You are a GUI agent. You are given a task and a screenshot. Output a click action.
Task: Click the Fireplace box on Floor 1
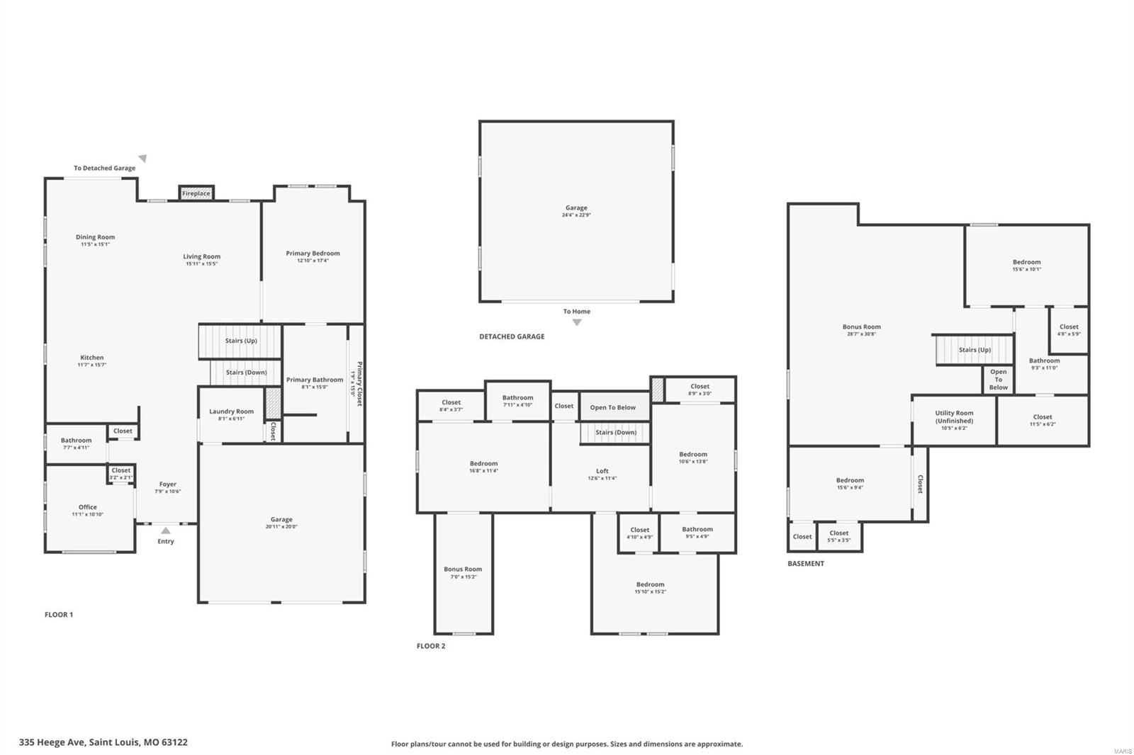196,193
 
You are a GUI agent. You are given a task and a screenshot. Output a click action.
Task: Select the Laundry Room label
231,411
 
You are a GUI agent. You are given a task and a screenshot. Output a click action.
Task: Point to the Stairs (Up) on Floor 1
241,341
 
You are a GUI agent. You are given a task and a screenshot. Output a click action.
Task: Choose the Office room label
88,507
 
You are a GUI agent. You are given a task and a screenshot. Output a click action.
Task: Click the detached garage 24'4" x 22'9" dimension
576,215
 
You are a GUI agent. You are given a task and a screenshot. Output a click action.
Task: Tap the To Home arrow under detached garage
577,322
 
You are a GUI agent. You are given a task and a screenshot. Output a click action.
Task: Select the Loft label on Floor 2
602,471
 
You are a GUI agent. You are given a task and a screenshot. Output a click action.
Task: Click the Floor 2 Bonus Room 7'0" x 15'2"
463,572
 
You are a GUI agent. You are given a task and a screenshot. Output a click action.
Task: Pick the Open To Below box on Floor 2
613,407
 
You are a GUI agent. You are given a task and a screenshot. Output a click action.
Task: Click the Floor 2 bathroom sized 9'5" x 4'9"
697,533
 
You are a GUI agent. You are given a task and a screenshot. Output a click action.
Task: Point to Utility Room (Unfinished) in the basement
954,417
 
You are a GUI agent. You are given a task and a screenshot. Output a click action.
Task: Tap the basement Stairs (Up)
975,350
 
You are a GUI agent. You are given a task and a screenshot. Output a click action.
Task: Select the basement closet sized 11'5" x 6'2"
1043,420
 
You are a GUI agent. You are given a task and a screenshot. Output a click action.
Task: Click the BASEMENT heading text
806,564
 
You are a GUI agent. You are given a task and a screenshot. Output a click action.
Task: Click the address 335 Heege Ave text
103,742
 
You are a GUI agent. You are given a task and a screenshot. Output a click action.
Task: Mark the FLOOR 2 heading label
431,646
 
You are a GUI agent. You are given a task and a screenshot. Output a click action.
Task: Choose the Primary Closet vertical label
358,383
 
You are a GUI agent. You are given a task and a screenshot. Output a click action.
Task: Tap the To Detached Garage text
104,168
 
